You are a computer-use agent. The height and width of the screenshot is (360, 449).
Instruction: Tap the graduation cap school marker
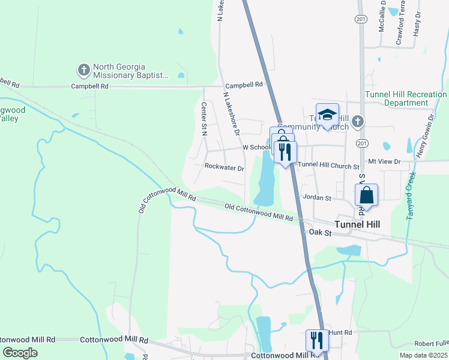(327, 115)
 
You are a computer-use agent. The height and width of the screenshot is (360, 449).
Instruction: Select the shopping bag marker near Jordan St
(366, 195)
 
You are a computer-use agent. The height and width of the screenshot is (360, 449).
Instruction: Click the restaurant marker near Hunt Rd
(316, 340)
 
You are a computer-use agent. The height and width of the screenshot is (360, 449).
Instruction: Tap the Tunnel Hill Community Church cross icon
(357, 122)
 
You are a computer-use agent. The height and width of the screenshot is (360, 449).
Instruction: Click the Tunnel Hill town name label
(357, 224)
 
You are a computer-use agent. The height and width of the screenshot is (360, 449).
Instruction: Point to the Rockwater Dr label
(224, 169)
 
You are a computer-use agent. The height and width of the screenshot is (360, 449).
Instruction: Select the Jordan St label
(318, 197)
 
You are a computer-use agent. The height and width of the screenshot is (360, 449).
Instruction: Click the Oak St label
(320, 232)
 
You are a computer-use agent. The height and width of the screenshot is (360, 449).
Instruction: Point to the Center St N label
(204, 117)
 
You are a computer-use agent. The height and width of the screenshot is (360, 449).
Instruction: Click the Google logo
(20, 353)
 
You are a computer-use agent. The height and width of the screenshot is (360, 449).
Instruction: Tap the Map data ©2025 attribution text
(423, 355)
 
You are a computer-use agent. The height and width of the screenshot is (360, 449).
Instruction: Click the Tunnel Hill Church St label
(328, 165)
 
